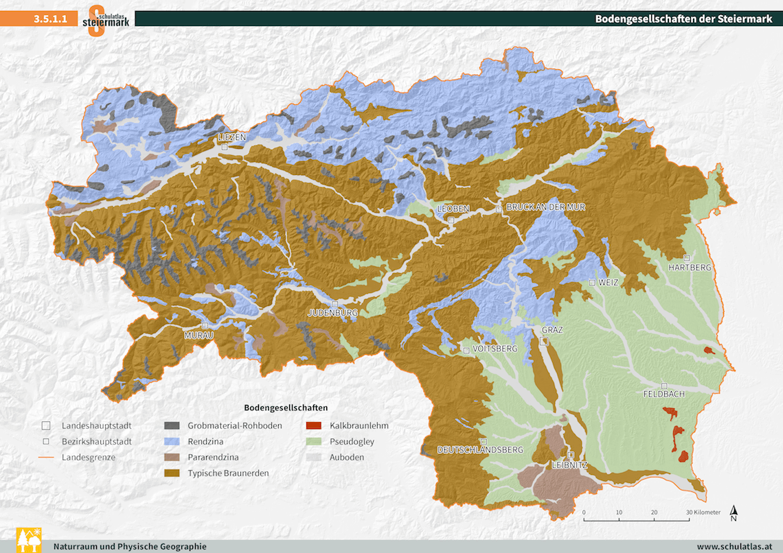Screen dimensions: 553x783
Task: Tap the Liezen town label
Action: pos(231,137)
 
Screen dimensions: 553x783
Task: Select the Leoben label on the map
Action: pos(453,209)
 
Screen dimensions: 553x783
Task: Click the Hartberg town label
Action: pos(690,267)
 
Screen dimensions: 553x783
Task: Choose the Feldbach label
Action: pos(663,395)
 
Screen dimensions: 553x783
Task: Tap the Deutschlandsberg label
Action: pos(480,450)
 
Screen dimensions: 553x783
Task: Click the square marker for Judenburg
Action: pos(334,303)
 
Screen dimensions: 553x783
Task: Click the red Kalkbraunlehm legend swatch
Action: pos(314,425)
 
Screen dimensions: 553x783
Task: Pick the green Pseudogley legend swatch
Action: pos(314,441)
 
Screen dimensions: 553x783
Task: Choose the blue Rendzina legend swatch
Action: pos(172,441)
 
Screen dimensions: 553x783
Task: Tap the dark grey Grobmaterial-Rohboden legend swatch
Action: pos(172,425)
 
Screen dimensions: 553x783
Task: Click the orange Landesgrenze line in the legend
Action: pos(46,457)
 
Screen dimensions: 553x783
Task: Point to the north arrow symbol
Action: pos(734,513)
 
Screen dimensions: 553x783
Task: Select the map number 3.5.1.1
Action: pos(50,19)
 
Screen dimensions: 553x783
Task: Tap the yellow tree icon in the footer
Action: pos(29,541)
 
